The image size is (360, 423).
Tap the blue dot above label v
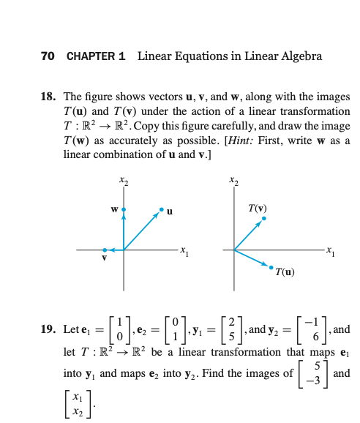(x=105, y=250)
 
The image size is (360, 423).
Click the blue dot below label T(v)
(x=265, y=218)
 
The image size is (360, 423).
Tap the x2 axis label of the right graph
(x=233, y=179)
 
